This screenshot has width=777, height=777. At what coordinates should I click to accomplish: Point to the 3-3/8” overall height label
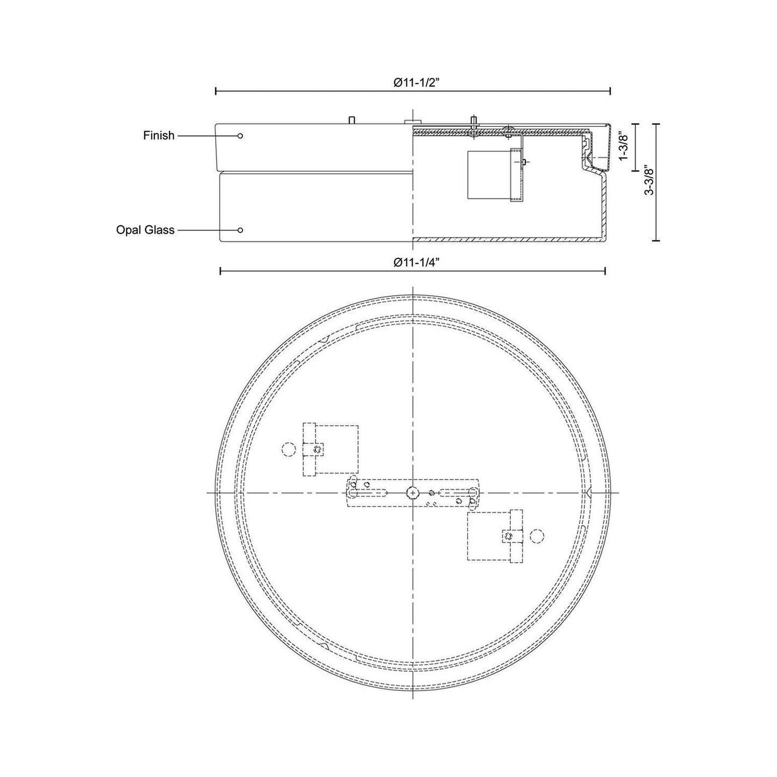(649, 182)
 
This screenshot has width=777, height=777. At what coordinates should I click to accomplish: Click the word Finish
(159, 136)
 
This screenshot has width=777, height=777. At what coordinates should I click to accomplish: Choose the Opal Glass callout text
(145, 230)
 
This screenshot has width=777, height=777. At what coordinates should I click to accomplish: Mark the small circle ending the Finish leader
(240, 136)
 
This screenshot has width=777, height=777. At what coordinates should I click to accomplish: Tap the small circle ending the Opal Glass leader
(240, 230)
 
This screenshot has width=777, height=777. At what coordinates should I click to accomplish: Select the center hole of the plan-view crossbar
(412, 491)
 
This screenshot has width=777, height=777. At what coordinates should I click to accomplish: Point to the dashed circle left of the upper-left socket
(289, 449)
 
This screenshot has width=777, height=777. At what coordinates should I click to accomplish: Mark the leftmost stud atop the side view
(352, 120)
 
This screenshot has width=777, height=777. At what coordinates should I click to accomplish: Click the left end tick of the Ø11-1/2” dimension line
(216, 91)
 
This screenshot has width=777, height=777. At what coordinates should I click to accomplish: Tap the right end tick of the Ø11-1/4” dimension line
(606, 270)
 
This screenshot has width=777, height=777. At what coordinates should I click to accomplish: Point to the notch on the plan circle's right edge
(589, 491)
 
